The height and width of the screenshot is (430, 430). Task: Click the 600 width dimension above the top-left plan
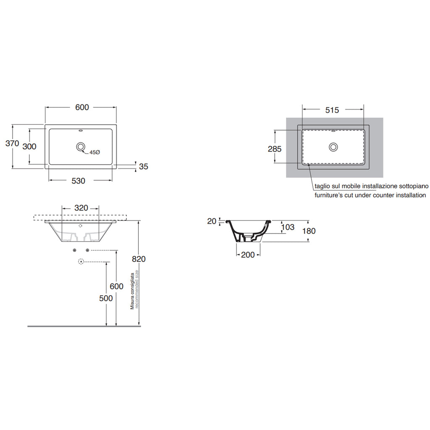82,107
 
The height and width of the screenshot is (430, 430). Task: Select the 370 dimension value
12,143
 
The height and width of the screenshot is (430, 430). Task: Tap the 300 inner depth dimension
29,147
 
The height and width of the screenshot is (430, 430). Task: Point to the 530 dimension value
78,181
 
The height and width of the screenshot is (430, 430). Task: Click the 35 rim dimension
144,167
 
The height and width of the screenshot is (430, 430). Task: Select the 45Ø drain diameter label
94,152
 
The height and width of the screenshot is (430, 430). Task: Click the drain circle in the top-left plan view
80,147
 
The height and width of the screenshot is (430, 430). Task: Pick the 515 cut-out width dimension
332,110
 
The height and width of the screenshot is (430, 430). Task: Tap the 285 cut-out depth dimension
274,149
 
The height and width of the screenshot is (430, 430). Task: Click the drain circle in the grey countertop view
334,147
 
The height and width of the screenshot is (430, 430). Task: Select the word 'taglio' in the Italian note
322,186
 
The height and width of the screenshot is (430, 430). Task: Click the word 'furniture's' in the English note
329,195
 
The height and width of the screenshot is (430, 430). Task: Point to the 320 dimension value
81,208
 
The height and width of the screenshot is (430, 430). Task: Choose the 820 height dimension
139,259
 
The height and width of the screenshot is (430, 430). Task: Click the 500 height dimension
106,298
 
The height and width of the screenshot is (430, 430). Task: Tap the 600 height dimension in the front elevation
116,286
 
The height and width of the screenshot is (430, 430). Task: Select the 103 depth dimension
288,227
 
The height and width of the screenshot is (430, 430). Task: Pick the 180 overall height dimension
309,231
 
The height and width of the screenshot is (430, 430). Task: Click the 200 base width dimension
248,254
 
